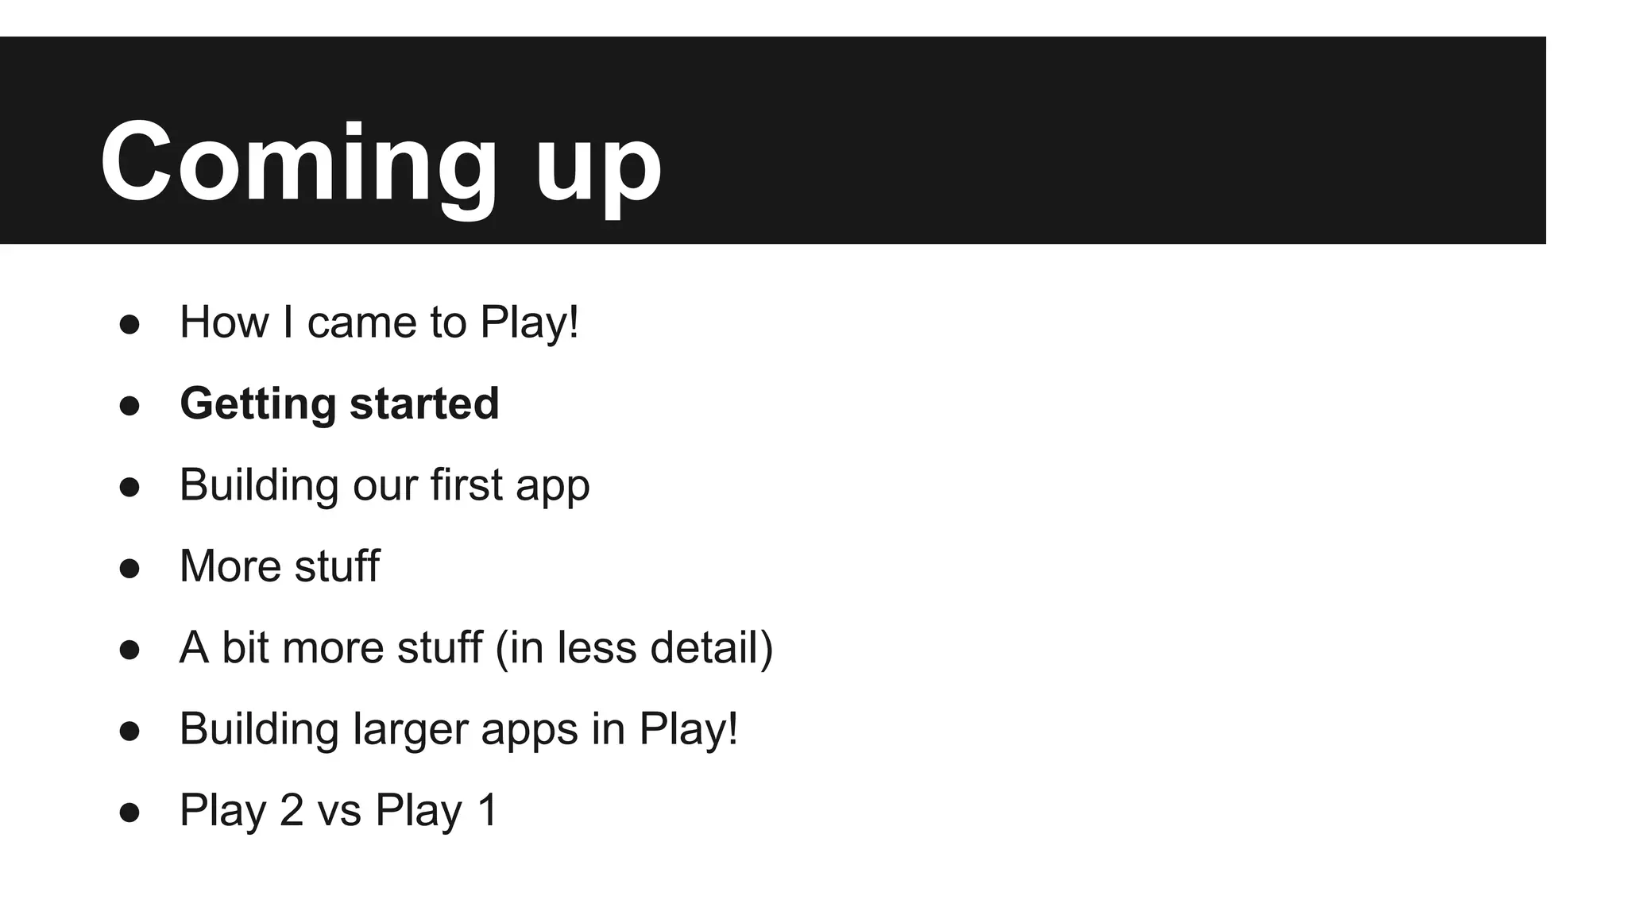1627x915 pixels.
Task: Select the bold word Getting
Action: (258, 404)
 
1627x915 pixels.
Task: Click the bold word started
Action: (424, 403)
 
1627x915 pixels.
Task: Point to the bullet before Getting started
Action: (129, 405)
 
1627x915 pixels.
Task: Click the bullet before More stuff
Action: (129, 568)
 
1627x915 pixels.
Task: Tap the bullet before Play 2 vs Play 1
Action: (129, 812)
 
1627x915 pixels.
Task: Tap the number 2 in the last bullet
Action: (292, 811)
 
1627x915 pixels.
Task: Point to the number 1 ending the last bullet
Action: (487, 811)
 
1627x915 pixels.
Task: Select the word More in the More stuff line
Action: (230, 566)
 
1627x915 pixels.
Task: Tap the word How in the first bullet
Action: (224, 322)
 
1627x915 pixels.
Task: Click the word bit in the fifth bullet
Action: (245, 647)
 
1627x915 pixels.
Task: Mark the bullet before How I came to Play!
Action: (129, 324)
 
